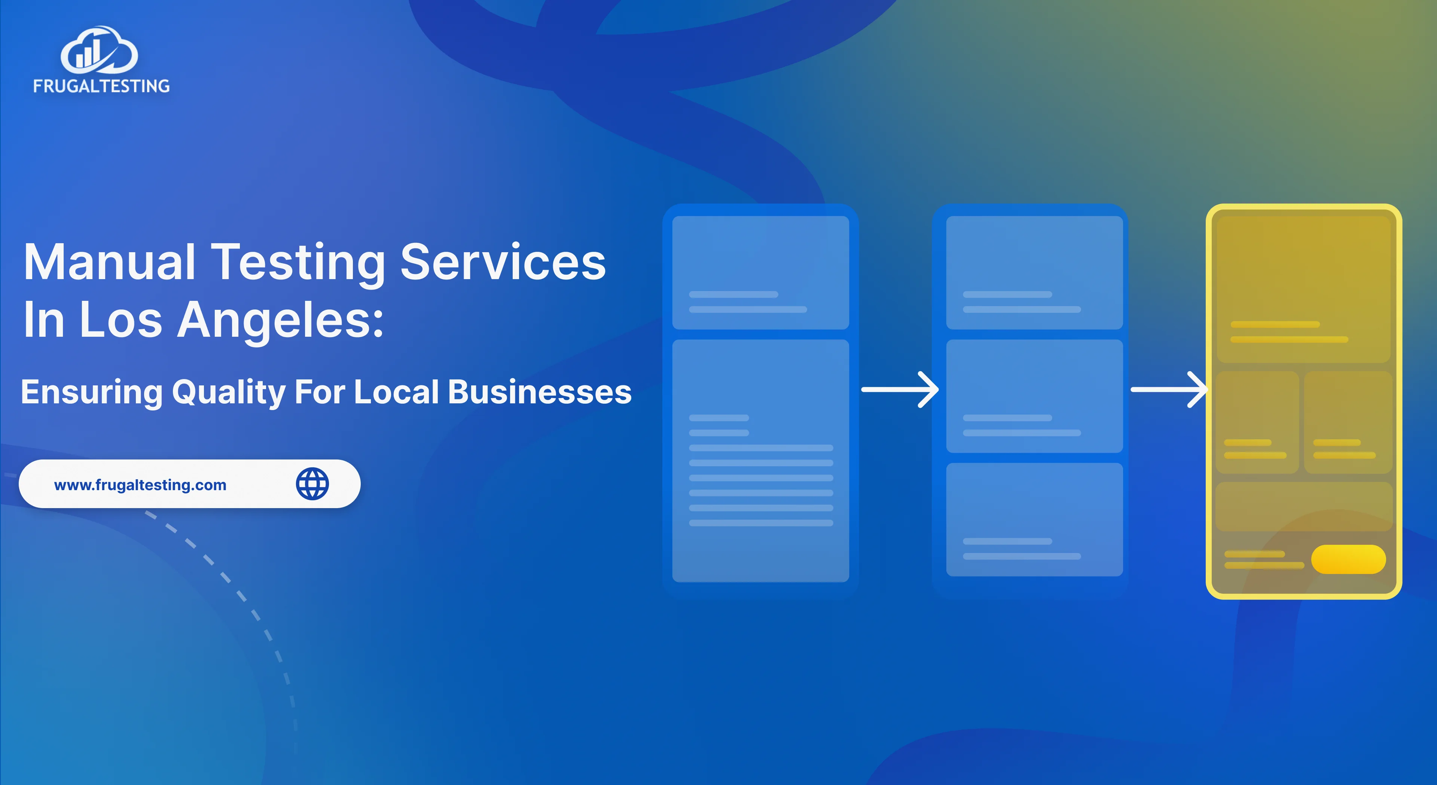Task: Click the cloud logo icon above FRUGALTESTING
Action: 99,51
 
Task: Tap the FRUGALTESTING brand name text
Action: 101,86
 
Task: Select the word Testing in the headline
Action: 299,263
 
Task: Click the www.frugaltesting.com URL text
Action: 140,485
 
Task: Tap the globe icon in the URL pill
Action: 312,484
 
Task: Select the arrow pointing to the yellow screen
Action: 1169,390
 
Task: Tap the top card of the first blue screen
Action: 760,272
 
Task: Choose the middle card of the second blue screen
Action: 1034,396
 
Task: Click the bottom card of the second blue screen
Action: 1034,519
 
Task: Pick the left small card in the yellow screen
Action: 1257,422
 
